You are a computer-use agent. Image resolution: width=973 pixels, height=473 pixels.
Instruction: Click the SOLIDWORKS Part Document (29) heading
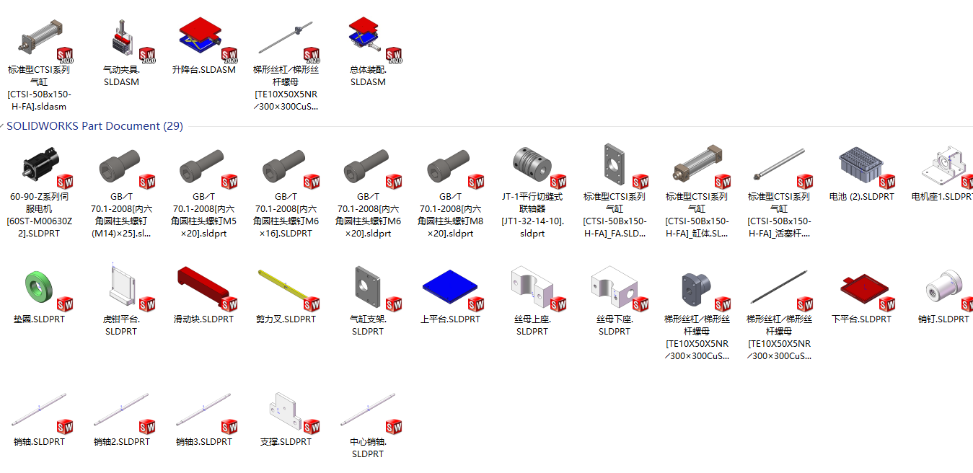pos(94,126)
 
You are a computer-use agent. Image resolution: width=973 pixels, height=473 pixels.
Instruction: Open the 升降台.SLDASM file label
pos(203,70)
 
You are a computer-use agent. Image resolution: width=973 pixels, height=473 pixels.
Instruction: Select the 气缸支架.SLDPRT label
pos(368,325)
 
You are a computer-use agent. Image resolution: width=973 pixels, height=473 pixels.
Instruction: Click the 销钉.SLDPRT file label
pos(943,319)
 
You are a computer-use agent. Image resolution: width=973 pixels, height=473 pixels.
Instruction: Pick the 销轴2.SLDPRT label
pos(121,442)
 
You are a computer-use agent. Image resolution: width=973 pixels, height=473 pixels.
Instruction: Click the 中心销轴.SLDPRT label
pos(368,448)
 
